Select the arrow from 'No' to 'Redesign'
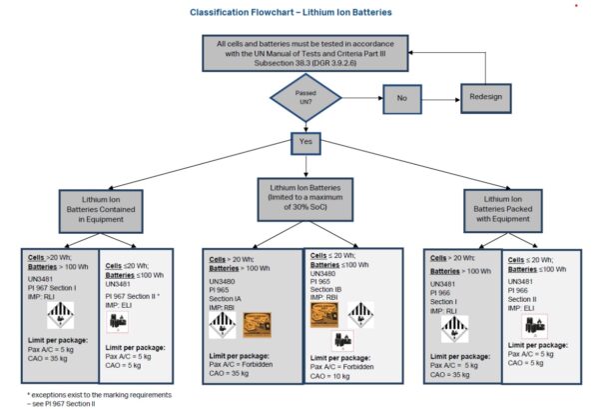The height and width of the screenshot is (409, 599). pos(443,97)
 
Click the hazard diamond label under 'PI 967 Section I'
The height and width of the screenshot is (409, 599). pos(62,318)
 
